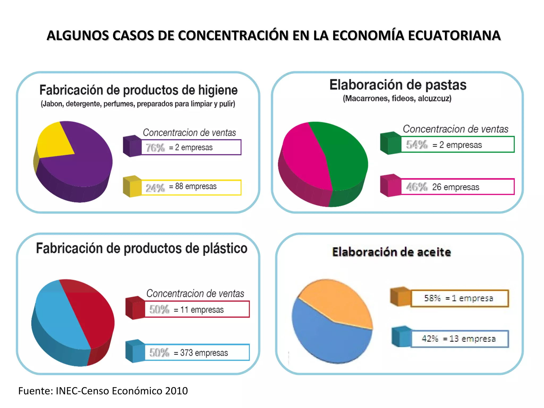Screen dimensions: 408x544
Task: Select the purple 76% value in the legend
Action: [155, 148]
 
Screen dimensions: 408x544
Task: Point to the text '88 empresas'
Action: [196, 186]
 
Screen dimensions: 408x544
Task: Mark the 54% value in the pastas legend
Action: [417, 145]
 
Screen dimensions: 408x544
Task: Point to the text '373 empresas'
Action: [204, 353]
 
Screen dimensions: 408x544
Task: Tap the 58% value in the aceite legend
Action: [432, 298]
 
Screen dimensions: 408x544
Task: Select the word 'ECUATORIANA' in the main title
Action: [454, 36]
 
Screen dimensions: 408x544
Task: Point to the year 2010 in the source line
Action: [176, 391]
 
